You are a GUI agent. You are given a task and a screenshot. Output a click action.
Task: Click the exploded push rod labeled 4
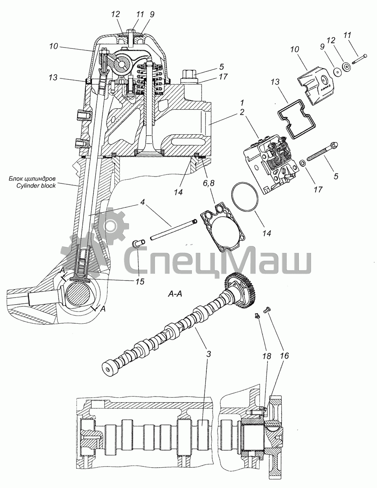pyautogui.click(x=173, y=229)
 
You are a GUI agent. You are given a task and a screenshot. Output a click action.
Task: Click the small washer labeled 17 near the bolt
pyautogui.click(x=303, y=163)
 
